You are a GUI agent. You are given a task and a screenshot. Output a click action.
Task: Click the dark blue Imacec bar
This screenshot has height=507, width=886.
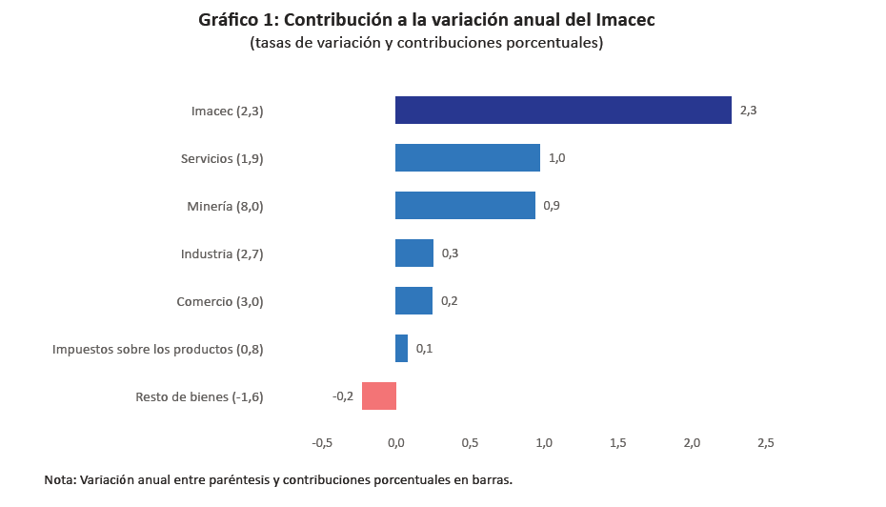[x=563, y=111]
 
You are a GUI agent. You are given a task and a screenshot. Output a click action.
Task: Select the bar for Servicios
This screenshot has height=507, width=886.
[x=468, y=158]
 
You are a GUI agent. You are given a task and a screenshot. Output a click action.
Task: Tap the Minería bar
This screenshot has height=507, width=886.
[x=465, y=206]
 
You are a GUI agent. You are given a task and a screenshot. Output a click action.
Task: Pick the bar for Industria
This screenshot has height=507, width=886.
[x=414, y=253]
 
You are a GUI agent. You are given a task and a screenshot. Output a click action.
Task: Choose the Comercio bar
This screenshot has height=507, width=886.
[x=413, y=301]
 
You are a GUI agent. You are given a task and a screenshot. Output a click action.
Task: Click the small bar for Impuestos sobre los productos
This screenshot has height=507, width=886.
[x=401, y=349]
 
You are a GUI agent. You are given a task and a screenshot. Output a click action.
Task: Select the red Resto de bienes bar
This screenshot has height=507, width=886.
[x=379, y=395]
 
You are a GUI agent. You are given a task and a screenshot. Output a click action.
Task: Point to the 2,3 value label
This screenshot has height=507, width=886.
[x=748, y=111]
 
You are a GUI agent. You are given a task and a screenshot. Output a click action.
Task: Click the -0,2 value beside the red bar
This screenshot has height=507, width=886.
[x=343, y=395]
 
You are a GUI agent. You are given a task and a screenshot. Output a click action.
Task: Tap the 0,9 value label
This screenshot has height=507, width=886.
[x=552, y=206]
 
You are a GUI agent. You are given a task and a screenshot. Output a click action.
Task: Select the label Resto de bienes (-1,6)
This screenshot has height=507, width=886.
[x=199, y=396]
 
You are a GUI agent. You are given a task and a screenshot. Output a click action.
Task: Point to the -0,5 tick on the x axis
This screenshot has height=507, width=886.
[x=322, y=443]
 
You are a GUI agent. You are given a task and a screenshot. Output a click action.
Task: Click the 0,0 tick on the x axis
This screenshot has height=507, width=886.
[x=396, y=443]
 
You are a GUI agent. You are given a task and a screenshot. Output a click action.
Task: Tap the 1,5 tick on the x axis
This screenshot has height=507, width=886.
[x=617, y=443]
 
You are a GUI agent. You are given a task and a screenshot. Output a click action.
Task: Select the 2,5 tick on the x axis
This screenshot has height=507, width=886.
[x=765, y=443]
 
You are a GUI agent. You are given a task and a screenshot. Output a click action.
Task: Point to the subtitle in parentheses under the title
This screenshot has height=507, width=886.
[x=426, y=43]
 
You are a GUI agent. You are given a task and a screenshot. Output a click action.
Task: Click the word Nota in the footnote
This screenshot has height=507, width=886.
[x=61, y=480]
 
